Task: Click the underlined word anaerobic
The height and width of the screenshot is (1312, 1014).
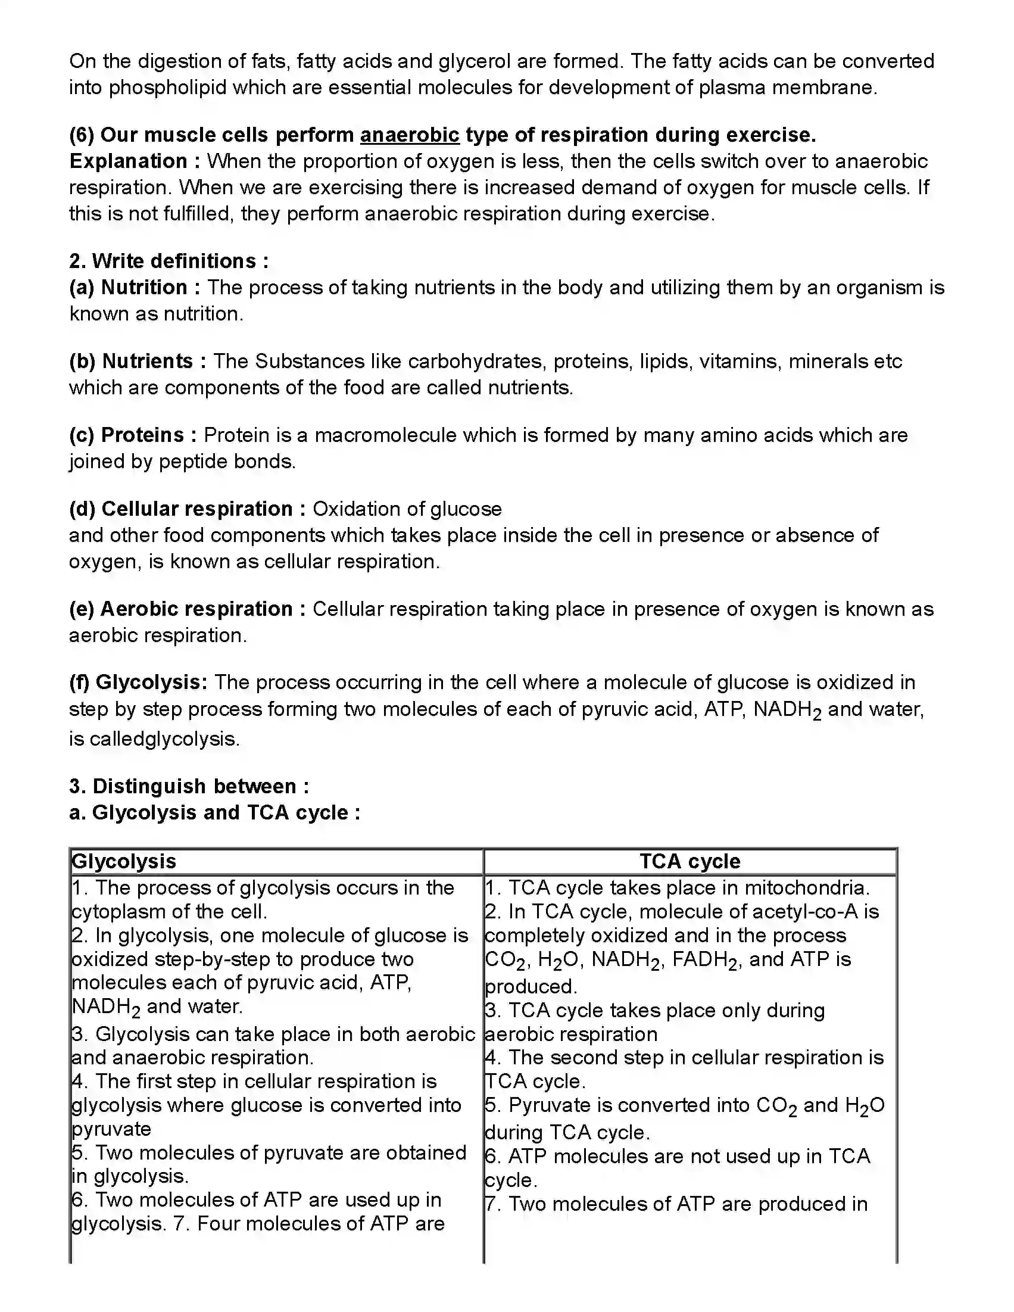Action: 410,135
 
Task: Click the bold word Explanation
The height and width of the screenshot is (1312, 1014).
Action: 128,161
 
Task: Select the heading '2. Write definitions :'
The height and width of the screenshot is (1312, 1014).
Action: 169,261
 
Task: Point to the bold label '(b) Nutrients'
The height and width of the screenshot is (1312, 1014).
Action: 131,361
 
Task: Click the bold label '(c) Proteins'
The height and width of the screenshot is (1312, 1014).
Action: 126,435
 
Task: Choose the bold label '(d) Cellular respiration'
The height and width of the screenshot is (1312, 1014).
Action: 180,509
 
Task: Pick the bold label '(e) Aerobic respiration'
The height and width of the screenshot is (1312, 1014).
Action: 181,609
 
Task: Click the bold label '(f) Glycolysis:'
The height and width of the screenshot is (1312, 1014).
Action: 138,683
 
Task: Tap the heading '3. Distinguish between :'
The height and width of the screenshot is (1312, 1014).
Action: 189,786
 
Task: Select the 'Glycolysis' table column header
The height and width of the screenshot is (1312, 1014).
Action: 124,861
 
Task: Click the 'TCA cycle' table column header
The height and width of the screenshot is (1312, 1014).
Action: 689,861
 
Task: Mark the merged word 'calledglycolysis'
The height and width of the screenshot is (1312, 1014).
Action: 164,738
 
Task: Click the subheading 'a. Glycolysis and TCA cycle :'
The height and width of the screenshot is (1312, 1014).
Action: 214,812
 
